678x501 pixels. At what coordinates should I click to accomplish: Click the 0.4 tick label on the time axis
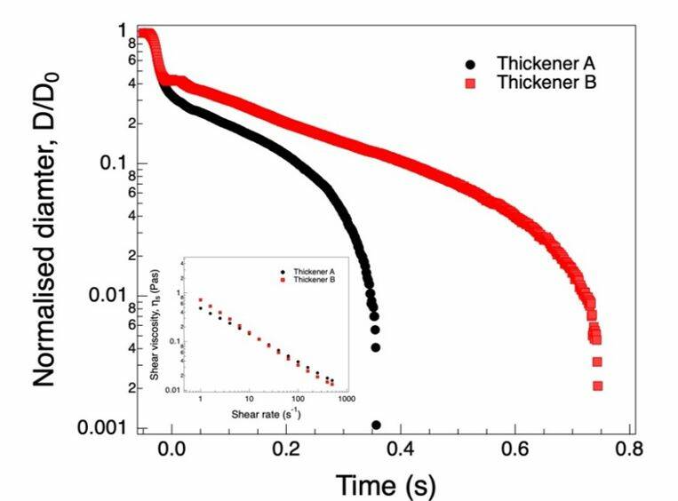coord(401,449)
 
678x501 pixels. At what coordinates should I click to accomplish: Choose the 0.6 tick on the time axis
coord(515,449)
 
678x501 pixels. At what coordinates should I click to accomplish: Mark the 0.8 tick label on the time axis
coord(630,449)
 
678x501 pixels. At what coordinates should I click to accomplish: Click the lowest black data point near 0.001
coord(376,425)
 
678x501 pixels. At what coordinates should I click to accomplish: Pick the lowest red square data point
coord(598,386)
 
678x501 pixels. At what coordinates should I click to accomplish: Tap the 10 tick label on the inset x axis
coord(249,401)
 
